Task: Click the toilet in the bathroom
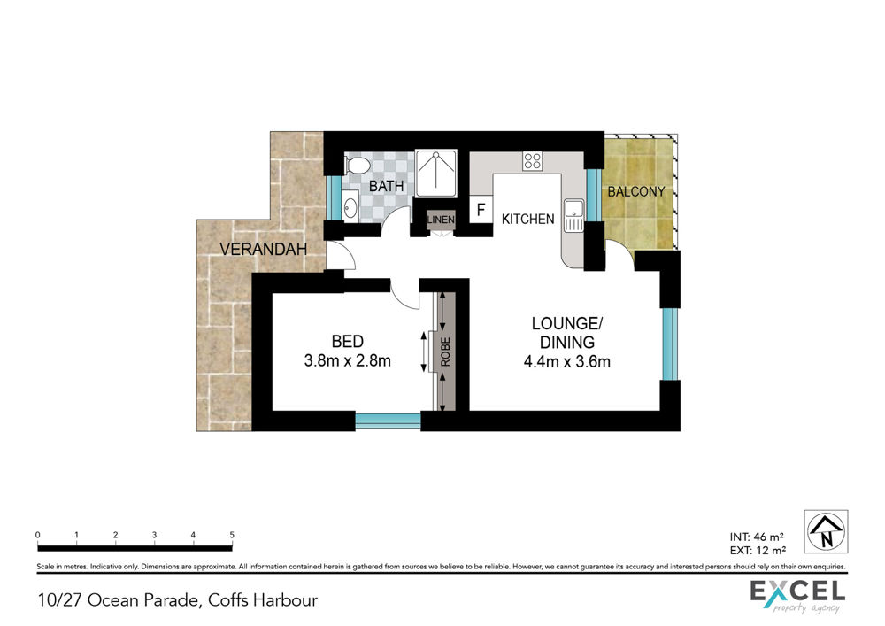tap(356, 166)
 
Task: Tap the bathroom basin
tap(350, 205)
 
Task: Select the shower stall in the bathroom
tap(435, 174)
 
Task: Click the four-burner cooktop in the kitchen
tap(532, 161)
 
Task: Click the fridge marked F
tap(481, 210)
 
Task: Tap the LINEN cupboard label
tap(440, 219)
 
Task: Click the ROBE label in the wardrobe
tap(446, 352)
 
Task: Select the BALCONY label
tap(636, 192)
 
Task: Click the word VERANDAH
tap(263, 249)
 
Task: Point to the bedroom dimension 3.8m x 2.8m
tap(347, 360)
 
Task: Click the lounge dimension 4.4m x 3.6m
tap(566, 362)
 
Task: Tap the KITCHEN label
tap(528, 219)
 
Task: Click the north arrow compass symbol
tap(826, 531)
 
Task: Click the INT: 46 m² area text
tap(757, 537)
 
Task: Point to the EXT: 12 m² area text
tap(758, 551)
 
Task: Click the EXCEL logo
tap(797, 596)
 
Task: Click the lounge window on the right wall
tap(670, 344)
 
